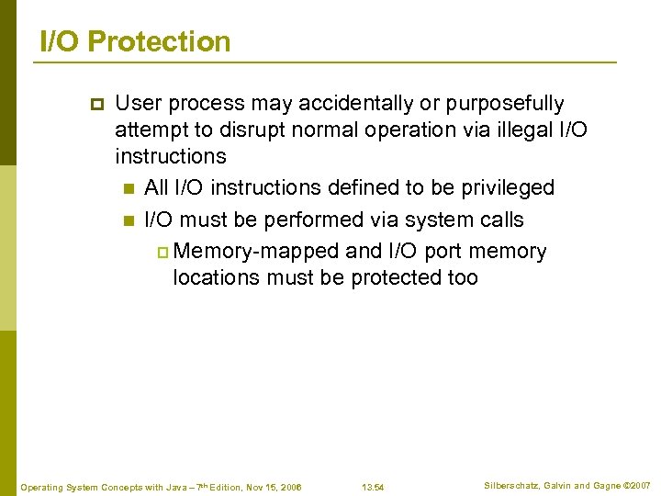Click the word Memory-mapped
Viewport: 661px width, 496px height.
click(x=255, y=252)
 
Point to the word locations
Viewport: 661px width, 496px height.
click(x=217, y=277)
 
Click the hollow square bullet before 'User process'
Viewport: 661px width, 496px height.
click(x=94, y=104)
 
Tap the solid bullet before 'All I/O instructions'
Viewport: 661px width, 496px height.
click(x=128, y=188)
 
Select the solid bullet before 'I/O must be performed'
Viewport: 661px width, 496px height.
click(x=128, y=220)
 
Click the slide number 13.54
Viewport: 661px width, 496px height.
click(x=373, y=487)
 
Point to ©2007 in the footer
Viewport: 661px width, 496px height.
click(x=637, y=484)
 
